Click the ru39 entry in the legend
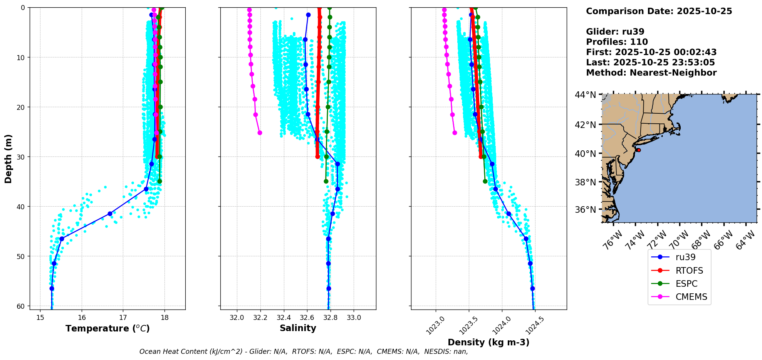pyautogui.click(x=685, y=257)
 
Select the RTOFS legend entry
pyautogui.click(x=689, y=271)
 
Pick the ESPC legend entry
pyautogui.click(x=686, y=284)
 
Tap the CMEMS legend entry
pyautogui.click(x=691, y=297)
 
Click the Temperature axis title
pyautogui.click(x=107, y=328)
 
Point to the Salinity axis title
pyautogui.click(x=298, y=328)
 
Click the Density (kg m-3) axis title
pyautogui.click(x=488, y=342)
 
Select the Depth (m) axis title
pyautogui.click(x=8, y=158)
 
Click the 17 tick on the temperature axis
pyautogui.click(x=123, y=318)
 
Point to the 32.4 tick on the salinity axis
pyautogui.click(x=284, y=318)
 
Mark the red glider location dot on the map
pyautogui.click(x=638, y=150)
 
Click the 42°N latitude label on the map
pyautogui.click(x=586, y=124)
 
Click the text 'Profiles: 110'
pyautogui.click(x=617, y=42)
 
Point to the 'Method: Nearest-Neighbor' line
pyautogui.click(x=651, y=73)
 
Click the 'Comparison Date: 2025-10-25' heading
pyautogui.click(x=659, y=11)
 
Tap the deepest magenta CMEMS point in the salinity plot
pyautogui.click(x=260, y=133)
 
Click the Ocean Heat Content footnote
pyautogui.click(x=304, y=352)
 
